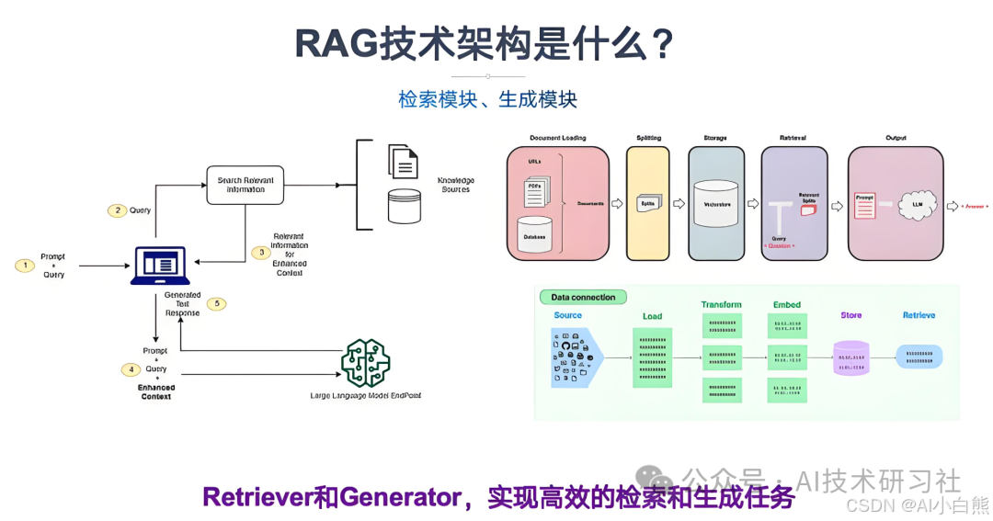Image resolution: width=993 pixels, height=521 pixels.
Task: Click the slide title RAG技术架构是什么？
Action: click(485, 43)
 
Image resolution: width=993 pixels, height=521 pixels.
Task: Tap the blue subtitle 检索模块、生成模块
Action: click(487, 99)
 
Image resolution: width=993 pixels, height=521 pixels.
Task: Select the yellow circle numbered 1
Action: click(26, 266)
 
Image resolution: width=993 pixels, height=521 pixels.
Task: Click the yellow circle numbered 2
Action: click(117, 210)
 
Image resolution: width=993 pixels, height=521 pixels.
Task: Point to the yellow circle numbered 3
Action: click(261, 252)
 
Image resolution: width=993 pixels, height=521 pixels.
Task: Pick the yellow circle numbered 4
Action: click(131, 369)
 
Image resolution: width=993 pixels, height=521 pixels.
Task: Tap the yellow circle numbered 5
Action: click(216, 303)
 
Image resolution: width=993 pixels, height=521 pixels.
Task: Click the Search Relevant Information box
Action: click(245, 184)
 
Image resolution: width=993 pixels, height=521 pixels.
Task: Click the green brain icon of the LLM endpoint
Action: click(366, 363)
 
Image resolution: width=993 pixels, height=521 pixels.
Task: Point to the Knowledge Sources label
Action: click(454, 185)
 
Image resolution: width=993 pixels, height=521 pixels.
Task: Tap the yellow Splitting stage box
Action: click(647, 203)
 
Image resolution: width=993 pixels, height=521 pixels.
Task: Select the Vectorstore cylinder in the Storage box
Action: click(714, 204)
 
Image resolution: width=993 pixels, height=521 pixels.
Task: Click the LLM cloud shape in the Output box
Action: click(916, 206)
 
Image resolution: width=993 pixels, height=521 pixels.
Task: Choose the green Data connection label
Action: click(583, 297)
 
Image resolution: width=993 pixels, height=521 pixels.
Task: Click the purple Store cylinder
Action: click(850, 357)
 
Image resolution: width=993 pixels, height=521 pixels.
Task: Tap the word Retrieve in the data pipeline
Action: click(919, 315)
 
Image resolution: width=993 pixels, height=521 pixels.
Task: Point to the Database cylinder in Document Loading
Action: click(534, 236)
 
